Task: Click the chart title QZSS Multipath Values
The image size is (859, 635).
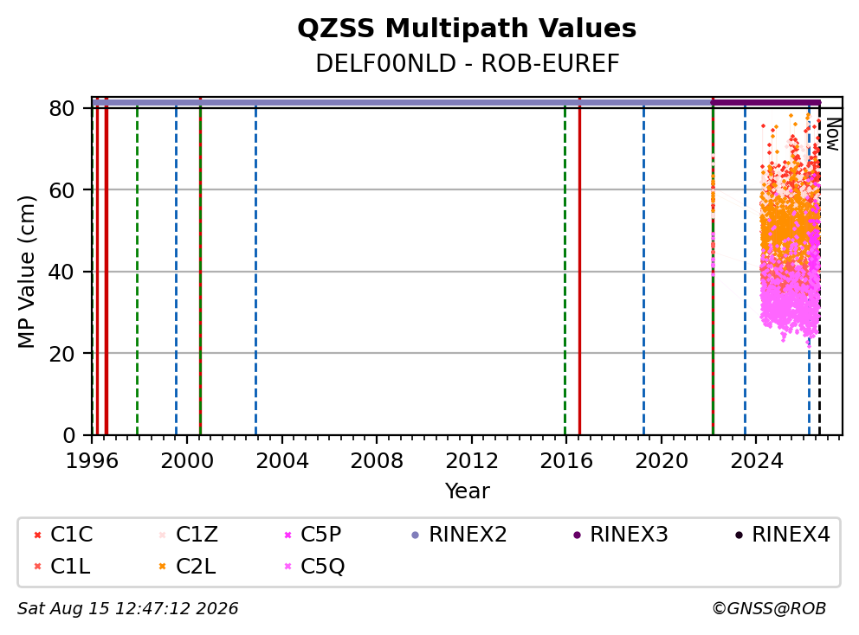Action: click(467, 29)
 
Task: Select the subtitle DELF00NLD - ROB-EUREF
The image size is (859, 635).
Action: click(468, 64)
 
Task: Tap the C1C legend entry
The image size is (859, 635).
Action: click(63, 535)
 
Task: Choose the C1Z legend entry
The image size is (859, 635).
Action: click(189, 535)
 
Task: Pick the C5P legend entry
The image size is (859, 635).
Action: click(313, 535)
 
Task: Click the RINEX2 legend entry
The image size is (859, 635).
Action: click(459, 535)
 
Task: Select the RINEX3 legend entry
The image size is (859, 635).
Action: click(621, 535)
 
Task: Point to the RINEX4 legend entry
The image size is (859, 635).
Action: click(782, 535)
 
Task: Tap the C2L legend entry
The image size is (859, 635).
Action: click(187, 567)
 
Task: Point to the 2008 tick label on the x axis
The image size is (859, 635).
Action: click(377, 461)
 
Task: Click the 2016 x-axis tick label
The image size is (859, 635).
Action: click(566, 461)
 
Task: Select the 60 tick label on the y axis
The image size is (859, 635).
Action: click(61, 190)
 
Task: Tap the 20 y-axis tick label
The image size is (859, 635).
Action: click(61, 354)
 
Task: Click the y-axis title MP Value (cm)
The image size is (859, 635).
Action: click(26, 272)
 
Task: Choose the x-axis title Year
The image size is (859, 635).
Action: click(468, 491)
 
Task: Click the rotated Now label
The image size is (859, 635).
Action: click(833, 135)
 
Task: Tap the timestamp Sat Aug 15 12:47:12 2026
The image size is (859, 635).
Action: click(128, 609)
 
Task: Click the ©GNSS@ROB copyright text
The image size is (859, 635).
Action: click(769, 609)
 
